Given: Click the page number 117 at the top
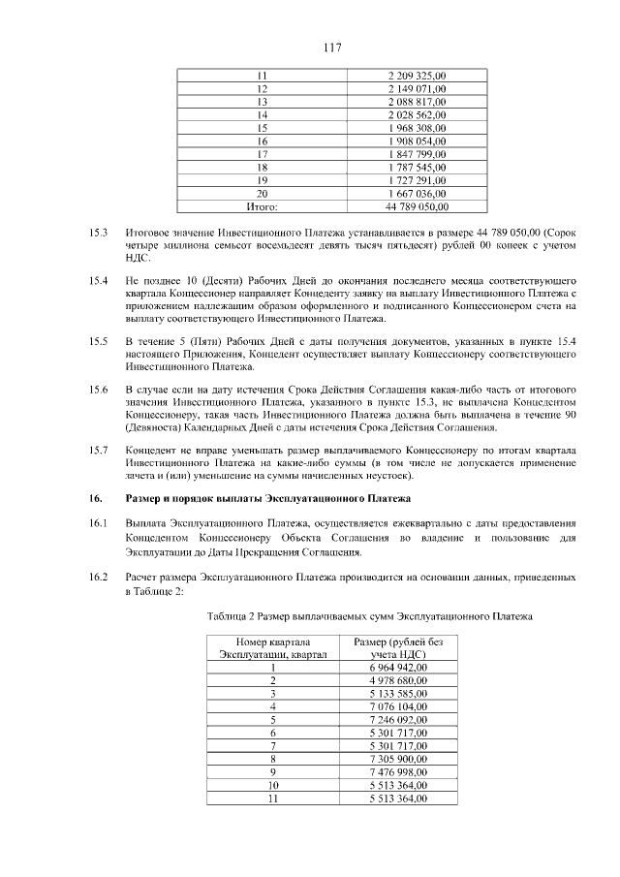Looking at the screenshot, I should tap(310, 47).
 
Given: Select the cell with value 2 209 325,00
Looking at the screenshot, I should tap(417, 75).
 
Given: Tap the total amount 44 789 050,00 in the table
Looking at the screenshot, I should tap(417, 205).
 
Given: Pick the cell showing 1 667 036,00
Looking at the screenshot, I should tap(417, 193).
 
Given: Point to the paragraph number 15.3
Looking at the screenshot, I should tap(97, 233).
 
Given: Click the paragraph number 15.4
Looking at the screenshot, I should tap(97, 281).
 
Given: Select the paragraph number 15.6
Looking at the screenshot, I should tap(97, 390).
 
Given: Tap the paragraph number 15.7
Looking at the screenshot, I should tap(97, 450).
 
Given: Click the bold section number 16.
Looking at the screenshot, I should tap(95, 499).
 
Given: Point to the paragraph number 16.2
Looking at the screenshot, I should tap(97, 578).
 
